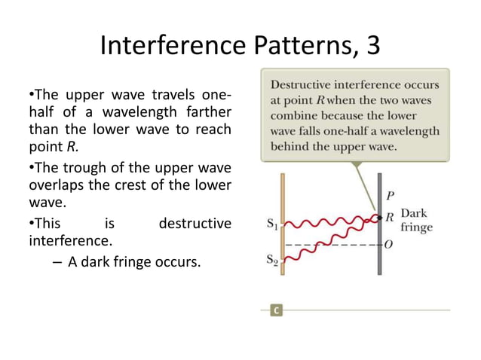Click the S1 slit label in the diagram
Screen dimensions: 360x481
(273, 224)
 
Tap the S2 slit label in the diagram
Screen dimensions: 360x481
(273, 261)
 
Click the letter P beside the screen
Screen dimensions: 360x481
(390, 196)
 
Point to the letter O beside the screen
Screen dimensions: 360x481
(389, 244)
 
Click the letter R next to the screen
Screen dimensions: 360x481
(389, 217)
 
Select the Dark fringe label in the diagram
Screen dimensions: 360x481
(416, 220)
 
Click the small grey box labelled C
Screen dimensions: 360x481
(277, 310)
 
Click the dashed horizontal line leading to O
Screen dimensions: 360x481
(339, 244)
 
